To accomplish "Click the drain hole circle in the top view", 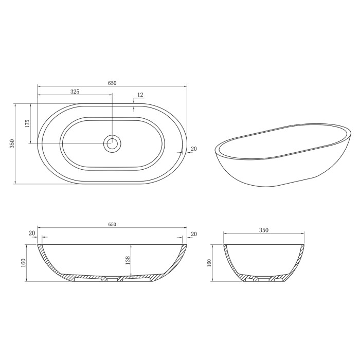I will tap(112, 143).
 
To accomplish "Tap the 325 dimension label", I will tap(75, 92).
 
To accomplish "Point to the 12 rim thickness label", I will tap(140, 95).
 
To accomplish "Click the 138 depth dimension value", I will tap(128, 262).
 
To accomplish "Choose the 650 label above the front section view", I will tap(112, 224).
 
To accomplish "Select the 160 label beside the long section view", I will tap(23, 263).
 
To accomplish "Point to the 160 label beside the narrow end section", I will tap(209, 263).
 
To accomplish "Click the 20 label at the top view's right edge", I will tap(193, 149).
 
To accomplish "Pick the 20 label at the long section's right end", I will tap(193, 235).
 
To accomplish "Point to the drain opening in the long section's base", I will tap(112, 279).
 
